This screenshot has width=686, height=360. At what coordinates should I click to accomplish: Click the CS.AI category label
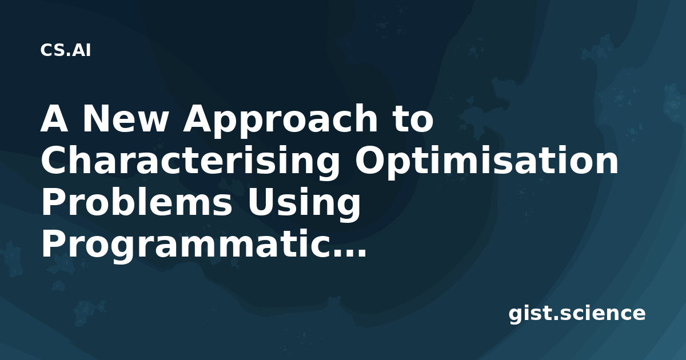tap(66, 50)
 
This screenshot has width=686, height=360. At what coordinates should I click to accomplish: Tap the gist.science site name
tap(577, 314)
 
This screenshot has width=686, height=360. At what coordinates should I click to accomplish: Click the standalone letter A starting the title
tap(54, 118)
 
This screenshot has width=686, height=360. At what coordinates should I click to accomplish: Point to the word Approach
tap(280, 121)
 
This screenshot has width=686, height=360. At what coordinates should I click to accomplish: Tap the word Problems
tap(137, 202)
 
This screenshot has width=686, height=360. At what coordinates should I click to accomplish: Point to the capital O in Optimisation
tap(369, 160)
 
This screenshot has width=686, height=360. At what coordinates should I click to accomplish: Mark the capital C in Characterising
tap(54, 160)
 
